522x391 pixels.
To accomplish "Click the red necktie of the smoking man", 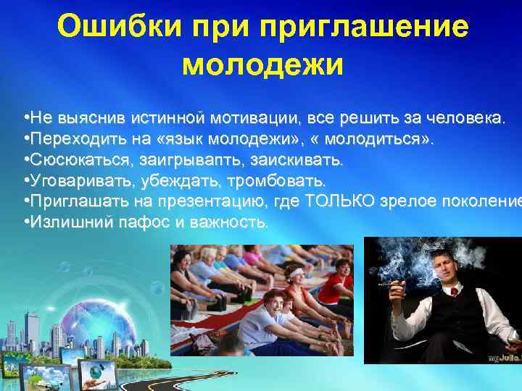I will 454,292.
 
